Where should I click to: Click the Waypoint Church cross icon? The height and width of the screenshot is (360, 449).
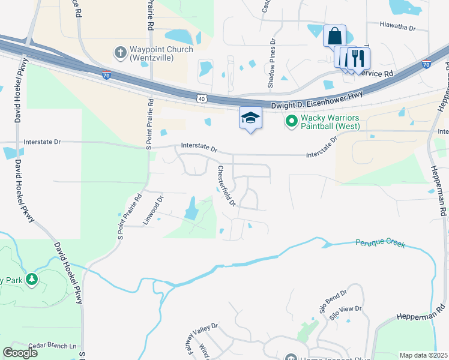120,53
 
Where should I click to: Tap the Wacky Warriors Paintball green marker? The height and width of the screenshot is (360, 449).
292,121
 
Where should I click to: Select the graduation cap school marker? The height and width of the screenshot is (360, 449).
250,118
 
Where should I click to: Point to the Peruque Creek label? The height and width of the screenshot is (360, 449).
380,244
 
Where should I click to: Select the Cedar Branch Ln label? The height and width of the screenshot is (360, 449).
57,346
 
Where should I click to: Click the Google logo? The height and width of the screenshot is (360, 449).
20,353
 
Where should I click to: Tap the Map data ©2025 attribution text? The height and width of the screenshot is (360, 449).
423,355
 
